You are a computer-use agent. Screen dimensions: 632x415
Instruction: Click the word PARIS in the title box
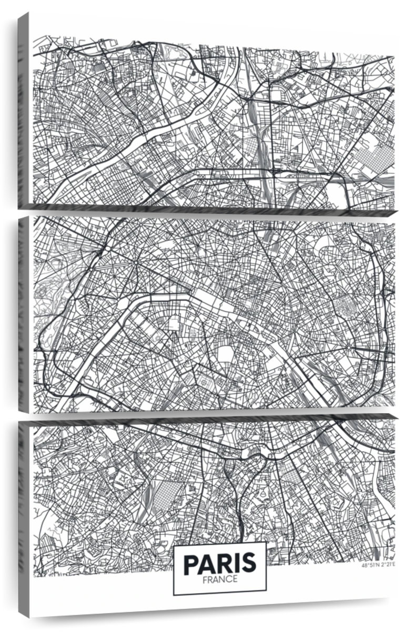click(x=219, y=564)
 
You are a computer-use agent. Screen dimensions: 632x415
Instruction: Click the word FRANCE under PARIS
click(x=219, y=578)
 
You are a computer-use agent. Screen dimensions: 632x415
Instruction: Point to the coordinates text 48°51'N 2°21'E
click(x=378, y=566)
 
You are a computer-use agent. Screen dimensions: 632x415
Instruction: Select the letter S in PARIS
click(x=249, y=564)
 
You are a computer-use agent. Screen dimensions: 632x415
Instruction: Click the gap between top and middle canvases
click(x=210, y=212)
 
